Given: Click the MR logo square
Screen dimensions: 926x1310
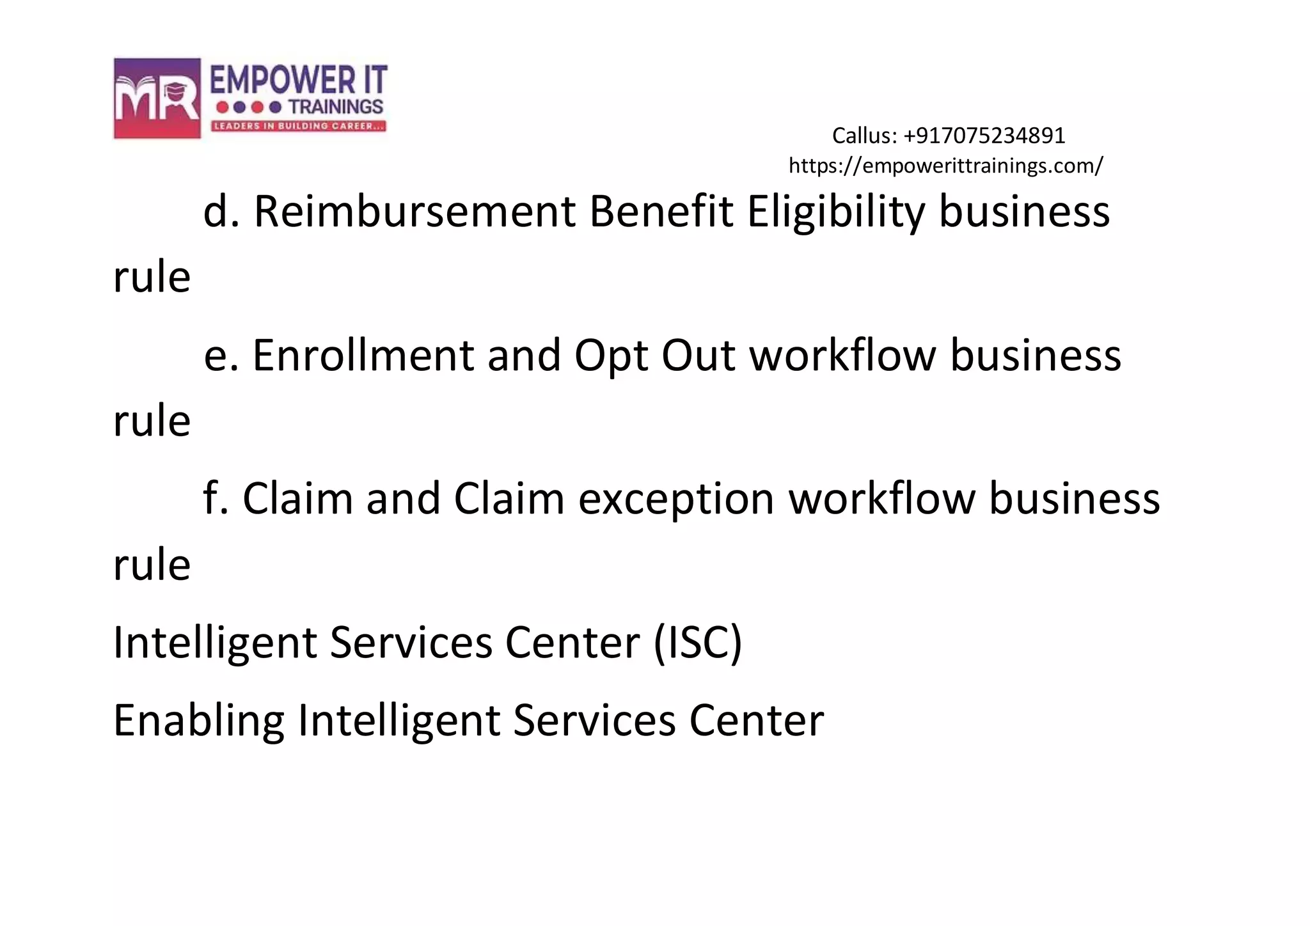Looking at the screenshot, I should click(x=157, y=98).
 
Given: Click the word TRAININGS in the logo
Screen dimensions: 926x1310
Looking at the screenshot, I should click(x=336, y=107).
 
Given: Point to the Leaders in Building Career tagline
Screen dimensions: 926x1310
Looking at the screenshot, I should click(x=299, y=126).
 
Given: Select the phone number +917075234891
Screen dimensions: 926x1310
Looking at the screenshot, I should click(x=984, y=136).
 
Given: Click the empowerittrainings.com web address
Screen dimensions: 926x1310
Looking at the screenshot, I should click(x=945, y=166).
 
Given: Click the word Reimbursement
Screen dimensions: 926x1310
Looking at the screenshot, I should click(x=414, y=212).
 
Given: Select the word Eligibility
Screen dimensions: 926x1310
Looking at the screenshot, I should click(x=836, y=212).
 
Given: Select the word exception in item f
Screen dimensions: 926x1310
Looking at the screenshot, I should click(x=676, y=499).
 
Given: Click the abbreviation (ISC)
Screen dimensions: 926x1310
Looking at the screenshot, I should click(x=698, y=642).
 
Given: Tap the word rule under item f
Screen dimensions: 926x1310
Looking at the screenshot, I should click(x=152, y=565).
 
